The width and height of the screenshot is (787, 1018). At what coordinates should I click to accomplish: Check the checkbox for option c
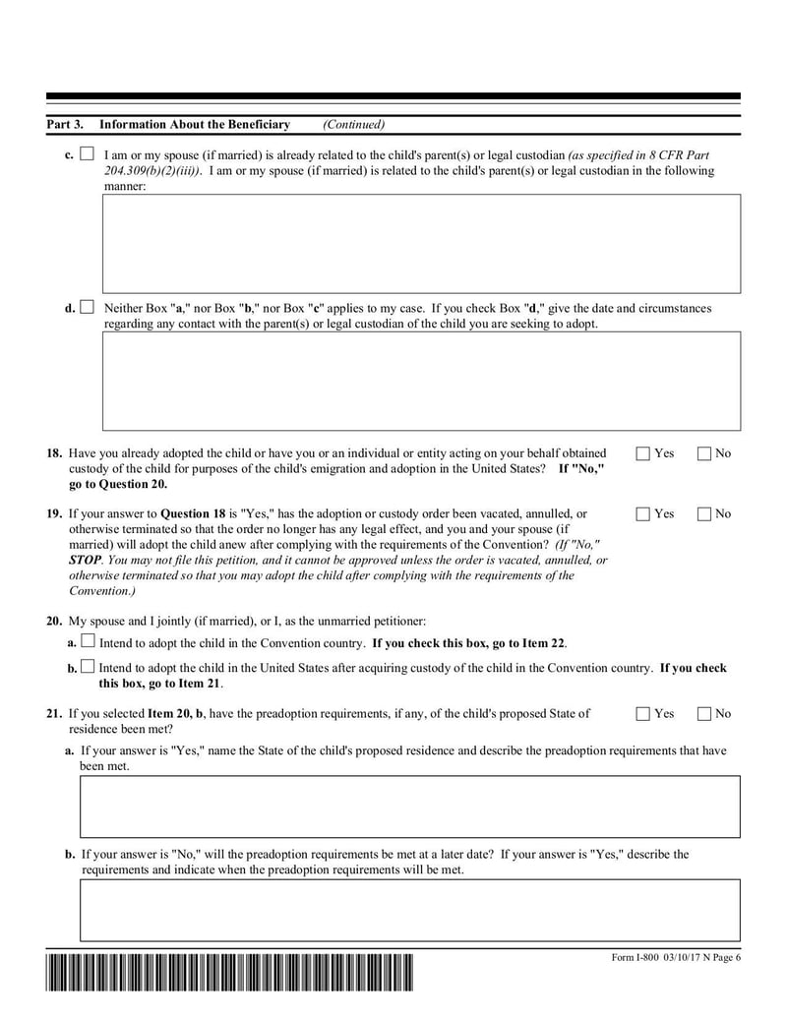[x=88, y=155]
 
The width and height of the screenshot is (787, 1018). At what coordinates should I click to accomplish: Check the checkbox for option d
[x=88, y=308]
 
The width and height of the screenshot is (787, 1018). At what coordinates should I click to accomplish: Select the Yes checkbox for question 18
[x=643, y=453]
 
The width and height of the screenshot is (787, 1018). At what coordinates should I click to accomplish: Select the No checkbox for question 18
[x=704, y=453]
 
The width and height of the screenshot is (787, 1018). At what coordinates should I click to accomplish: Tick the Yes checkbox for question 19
[x=643, y=513]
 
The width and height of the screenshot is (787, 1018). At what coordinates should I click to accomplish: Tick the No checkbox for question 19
[x=704, y=513]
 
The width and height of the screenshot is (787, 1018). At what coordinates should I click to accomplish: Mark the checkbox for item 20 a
[x=89, y=642]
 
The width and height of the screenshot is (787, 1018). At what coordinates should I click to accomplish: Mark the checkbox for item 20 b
[x=89, y=667]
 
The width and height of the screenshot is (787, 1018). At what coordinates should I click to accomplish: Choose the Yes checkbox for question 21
[x=643, y=713]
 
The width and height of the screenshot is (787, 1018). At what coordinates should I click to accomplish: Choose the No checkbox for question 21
[x=704, y=713]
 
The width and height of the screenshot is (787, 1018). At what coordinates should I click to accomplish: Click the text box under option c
[x=422, y=243]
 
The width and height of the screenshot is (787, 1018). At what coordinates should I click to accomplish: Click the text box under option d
[x=422, y=381]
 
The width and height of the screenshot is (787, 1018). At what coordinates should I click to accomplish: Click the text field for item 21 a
[x=409, y=807]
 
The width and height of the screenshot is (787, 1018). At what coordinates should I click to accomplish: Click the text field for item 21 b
[x=409, y=910]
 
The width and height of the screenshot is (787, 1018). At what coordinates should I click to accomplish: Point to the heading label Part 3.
[x=65, y=125]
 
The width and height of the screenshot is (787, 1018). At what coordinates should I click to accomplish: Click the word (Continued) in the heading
[x=353, y=125]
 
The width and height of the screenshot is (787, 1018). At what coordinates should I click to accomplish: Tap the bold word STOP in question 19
[x=85, y=560]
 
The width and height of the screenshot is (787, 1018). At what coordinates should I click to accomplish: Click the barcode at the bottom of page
[x=229, y=974]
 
